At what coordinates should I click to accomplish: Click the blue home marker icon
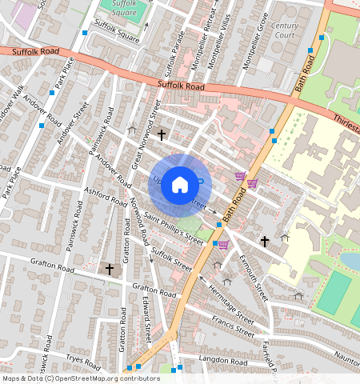tap(180, 186)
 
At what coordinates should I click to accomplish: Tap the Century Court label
tap(284, 31)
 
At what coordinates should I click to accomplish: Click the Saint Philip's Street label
tap(174, 229)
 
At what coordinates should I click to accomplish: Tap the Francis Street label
tap(232, 326)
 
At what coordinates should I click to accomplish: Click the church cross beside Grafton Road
tap(110, 269)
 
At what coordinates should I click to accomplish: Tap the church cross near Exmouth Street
tap(264, 241)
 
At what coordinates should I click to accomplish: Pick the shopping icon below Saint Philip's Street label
tap(223, 245)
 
